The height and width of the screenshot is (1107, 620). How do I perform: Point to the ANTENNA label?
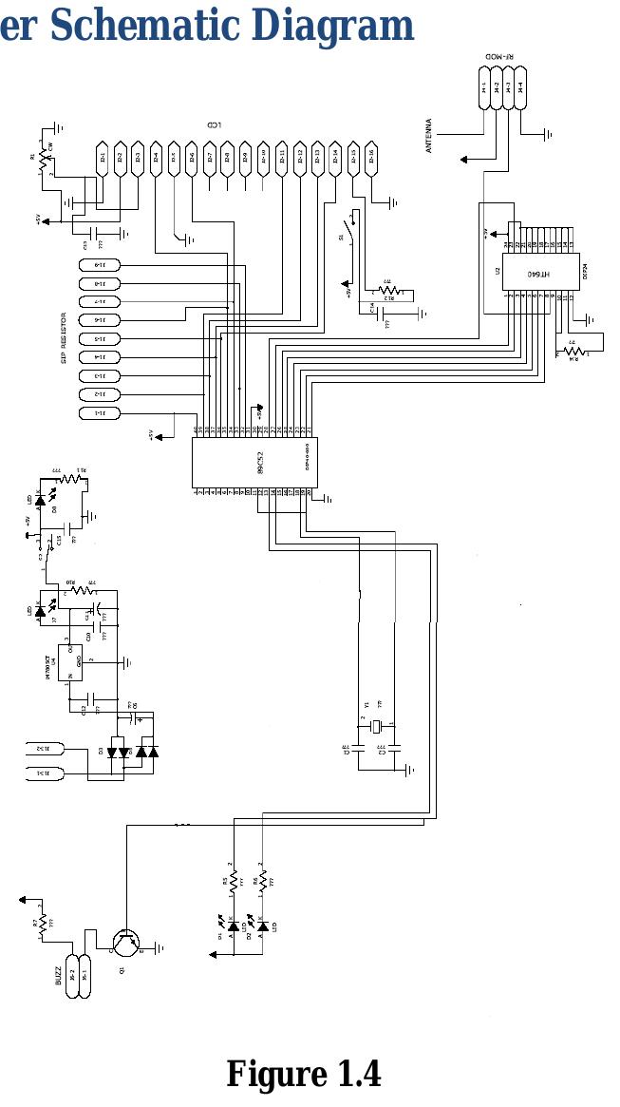[x=429, y=135]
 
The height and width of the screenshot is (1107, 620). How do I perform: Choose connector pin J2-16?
[x=370, y=159]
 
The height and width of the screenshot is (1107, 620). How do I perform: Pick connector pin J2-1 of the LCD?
[x=102, y=159]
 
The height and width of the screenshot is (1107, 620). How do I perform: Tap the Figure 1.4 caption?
[x=303, y=1074]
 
